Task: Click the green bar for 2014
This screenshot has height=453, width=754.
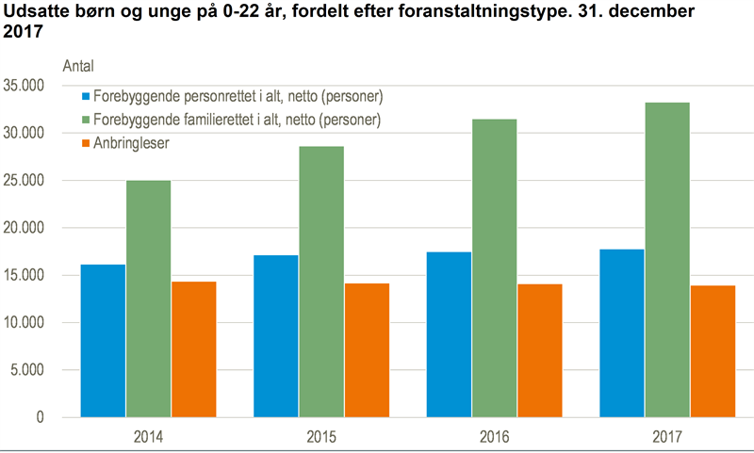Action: (148, 299)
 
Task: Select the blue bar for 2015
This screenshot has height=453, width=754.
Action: (275, 336)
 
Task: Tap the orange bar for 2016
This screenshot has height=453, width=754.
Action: (540, 350)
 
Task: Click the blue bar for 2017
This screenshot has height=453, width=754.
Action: (621, 333)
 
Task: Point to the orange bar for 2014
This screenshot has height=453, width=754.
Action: (193, 349)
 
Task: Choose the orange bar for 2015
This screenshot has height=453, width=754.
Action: (367, 350)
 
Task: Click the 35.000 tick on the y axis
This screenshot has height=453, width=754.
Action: (25, 86)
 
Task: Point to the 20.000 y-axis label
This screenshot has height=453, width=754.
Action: (25, 228)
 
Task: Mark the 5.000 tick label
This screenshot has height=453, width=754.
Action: (28, 370)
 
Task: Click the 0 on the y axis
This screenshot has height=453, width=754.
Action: (41, 417)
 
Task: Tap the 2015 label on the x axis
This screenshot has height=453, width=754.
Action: (320, 437)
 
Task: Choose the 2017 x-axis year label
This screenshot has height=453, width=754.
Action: (666, 437)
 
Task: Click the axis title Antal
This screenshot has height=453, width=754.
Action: (78, 65)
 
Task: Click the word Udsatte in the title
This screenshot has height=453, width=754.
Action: (34, 11)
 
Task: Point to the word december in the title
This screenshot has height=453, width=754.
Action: (660, 11)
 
